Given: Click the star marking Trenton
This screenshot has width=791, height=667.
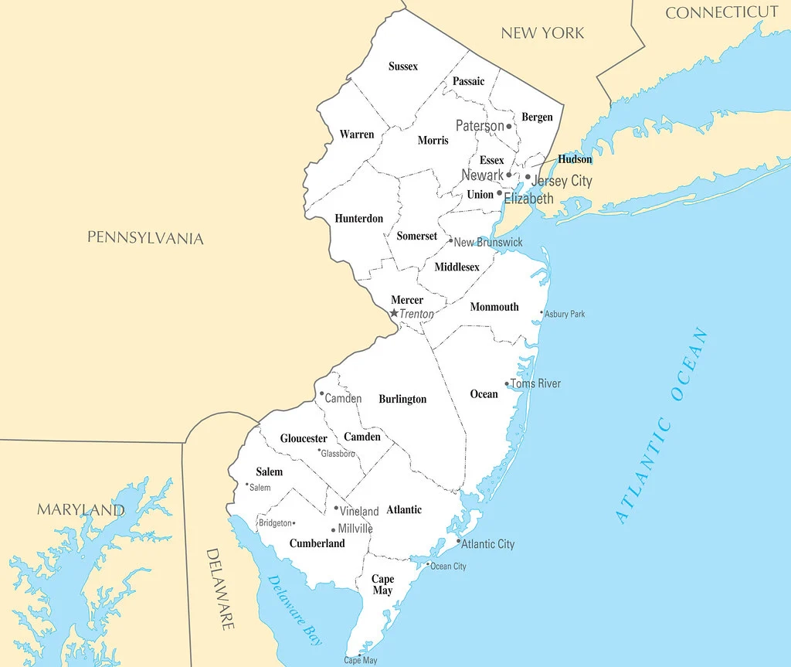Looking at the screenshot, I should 394,313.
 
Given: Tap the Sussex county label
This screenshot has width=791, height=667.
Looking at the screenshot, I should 403,66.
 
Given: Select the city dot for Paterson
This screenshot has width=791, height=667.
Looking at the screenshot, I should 509,126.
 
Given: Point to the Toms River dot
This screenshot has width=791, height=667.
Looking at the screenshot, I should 507,383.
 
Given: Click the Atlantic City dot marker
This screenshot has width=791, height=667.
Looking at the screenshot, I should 458,541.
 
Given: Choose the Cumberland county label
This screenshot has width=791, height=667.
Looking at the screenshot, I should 317,543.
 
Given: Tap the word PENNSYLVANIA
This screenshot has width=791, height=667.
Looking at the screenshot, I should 145,237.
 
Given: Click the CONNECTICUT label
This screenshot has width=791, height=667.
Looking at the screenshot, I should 721,12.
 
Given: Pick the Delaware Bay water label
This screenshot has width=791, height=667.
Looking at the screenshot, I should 295,610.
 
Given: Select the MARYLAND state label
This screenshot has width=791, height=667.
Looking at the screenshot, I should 80,510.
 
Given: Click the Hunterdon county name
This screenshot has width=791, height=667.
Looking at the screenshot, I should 358,219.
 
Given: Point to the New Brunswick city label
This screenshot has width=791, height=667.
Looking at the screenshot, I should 488,242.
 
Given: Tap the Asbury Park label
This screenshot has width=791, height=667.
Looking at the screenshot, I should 565,314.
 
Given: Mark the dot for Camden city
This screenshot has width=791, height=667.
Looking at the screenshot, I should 322,393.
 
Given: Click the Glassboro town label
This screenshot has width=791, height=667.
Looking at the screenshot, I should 338,454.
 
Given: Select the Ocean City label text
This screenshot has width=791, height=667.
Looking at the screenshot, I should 448,567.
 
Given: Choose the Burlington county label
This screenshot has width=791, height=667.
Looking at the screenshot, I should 402,400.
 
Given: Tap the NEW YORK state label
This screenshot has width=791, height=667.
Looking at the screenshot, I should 542,32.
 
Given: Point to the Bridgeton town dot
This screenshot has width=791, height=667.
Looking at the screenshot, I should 294,523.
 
